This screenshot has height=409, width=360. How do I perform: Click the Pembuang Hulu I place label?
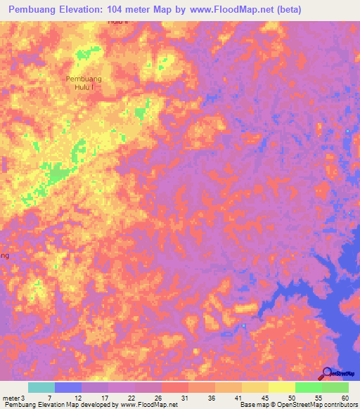pyautogui.click(x=84, y=83)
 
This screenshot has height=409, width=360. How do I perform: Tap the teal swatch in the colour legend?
pyautogui.click(x=41, y=388)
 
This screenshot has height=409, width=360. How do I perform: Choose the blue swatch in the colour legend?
pyautogui.click(x=68, y=388)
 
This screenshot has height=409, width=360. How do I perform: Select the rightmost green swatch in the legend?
pyautogui.click(x=335, y=388)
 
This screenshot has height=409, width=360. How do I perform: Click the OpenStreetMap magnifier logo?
pyautogui.click(x=327, y=372)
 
